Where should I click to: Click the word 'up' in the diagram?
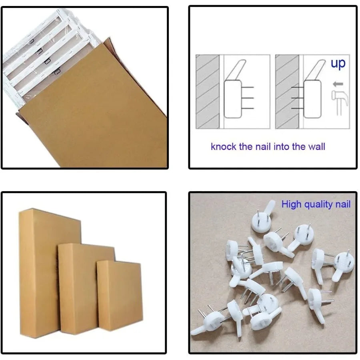pyautogui.click(x=338, y=64)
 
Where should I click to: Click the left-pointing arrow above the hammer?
pyautogui.click(x=338, y=84)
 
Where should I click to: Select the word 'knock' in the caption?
pyautogui.click(x=224, y=146)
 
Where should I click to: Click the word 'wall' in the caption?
pyautogui.click(x=316, y=146)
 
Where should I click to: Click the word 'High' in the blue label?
pyautogui.click(x=291, y=204)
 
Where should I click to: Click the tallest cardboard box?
pyautogui.click(x=40, y=272)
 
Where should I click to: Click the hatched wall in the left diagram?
pyautogui.click(x=207, y=92)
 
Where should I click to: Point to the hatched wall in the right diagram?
pyautogui.click(x=287, y=92)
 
